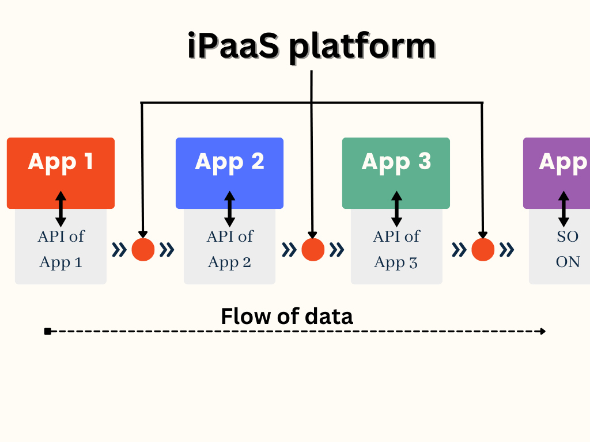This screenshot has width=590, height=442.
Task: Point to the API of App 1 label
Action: coord(60,249)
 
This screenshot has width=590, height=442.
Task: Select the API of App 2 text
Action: coord(229,249)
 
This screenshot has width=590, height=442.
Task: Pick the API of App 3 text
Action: coord(396,249)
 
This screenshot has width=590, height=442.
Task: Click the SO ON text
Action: coord(567,249)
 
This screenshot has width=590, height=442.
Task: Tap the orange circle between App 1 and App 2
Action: coord(143,249)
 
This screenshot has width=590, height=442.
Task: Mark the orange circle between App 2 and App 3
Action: coord(313,249)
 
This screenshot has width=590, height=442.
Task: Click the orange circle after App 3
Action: coord(483,249)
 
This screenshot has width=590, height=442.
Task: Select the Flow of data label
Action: coord(287,317)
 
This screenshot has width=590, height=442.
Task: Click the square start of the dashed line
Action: coord(48,331)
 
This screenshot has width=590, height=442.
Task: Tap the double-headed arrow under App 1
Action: coord(60,209)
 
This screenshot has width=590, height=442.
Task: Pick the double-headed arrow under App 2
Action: coord(229,209)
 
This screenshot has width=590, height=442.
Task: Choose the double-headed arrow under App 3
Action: coord(396,209)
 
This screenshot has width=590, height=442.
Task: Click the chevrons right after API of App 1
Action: coord(119,249)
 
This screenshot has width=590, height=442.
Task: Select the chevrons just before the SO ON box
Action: coord(506,249)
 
